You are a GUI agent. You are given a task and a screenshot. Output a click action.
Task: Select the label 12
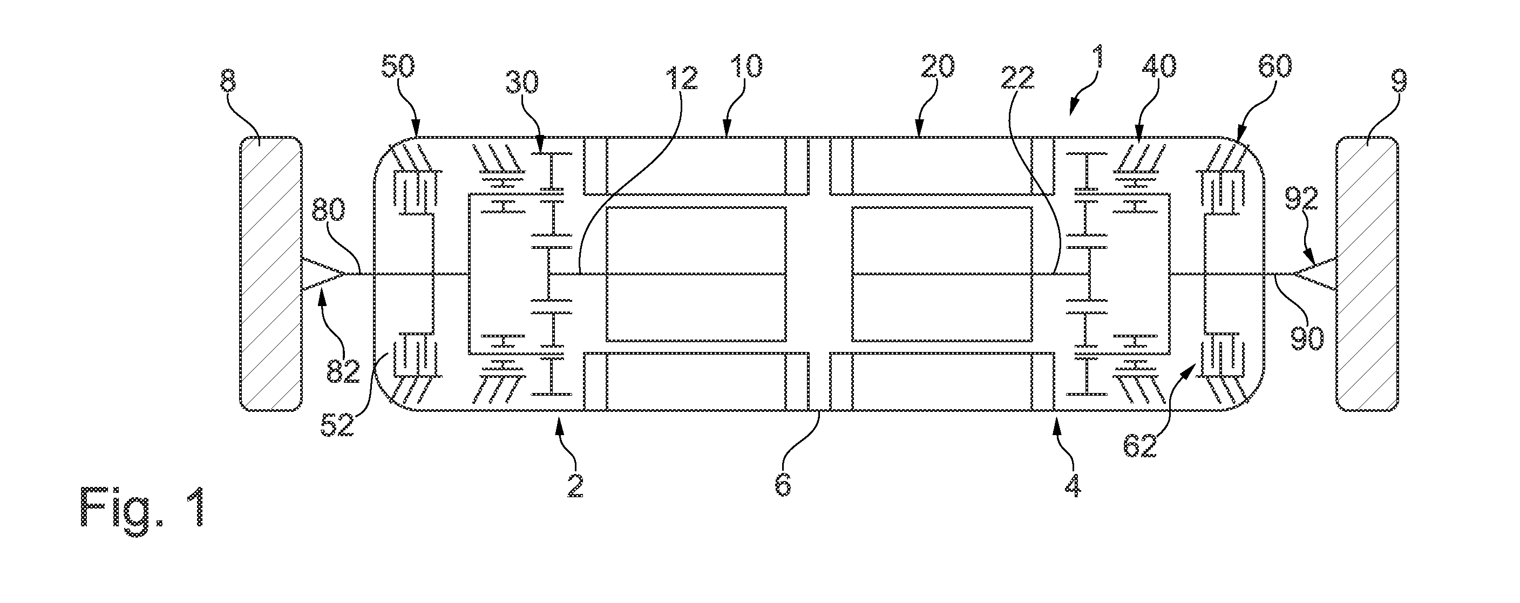[x=682, y=78]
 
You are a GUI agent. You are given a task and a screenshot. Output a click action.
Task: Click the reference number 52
[x=337, y=425]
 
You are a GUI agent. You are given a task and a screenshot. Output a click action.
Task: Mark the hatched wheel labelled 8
[x=270, y=274]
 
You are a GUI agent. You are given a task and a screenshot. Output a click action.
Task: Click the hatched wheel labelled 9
[x=1367, y=274]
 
